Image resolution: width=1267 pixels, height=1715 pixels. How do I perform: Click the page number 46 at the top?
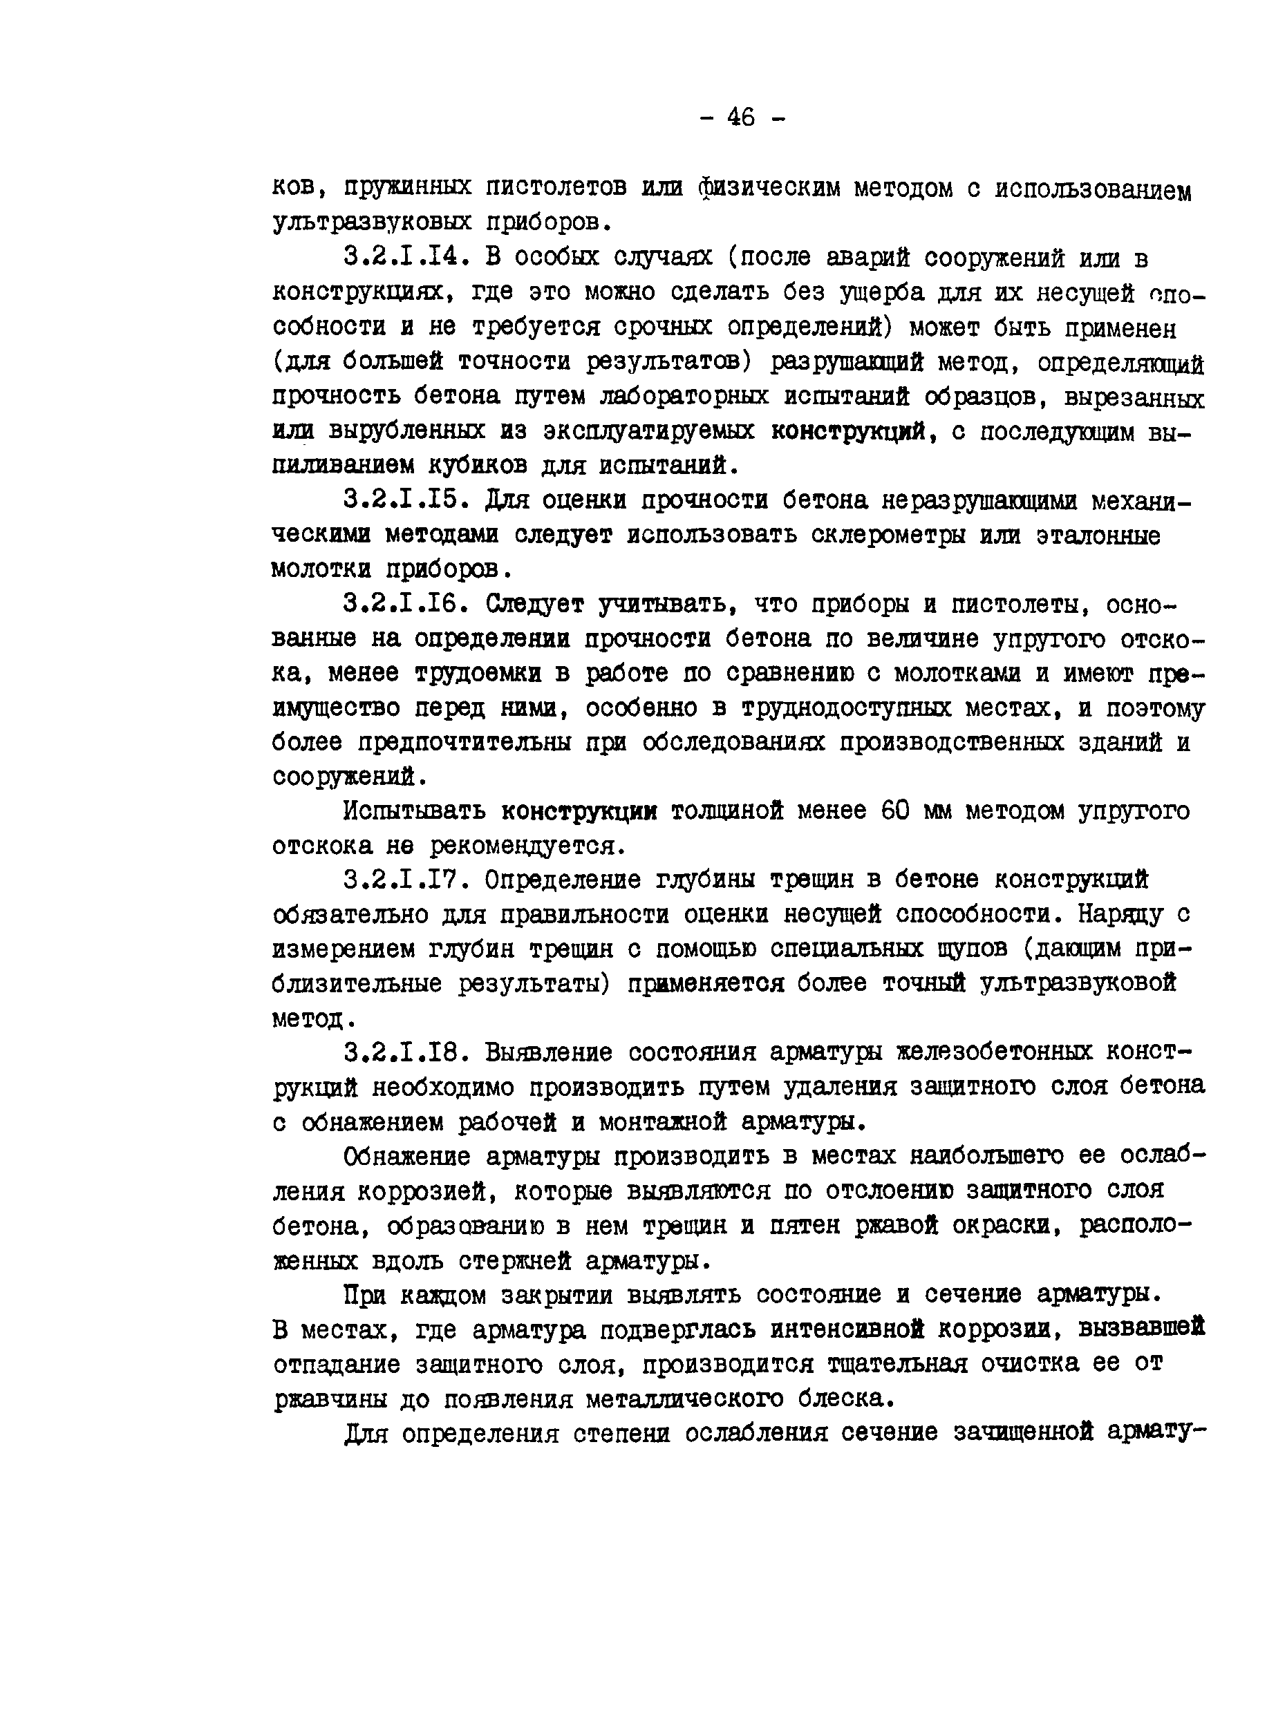tap(740, 117)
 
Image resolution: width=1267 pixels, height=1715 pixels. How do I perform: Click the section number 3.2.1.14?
tap(406, 258)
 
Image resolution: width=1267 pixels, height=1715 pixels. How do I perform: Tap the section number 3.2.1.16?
tap(406, 604)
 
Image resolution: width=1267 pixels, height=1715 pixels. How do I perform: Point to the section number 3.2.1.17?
tap(406, 880)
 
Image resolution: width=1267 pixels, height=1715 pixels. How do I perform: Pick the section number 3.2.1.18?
tap(406, 1052)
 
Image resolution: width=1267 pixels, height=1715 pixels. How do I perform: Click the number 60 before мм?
tap(895, 811)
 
